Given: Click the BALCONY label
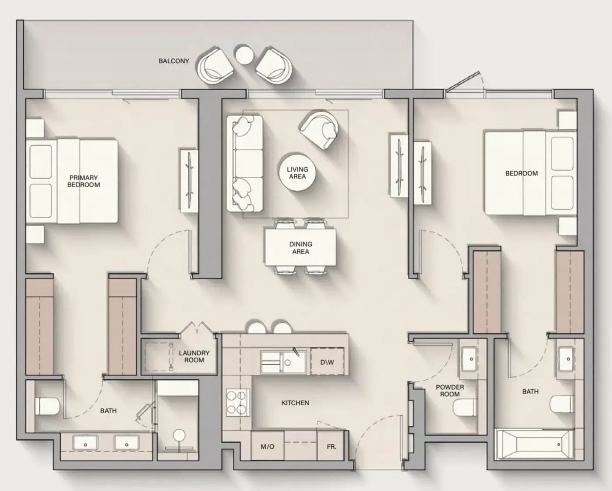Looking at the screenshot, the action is tap(173, 61).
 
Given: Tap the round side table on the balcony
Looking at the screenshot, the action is tap(244, 55).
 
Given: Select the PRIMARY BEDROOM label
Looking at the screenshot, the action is tap(84, 181).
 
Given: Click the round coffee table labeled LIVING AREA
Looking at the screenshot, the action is tap(297, 173).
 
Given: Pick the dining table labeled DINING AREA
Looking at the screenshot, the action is tap(300, 247).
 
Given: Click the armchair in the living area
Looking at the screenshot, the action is tap(319, 129).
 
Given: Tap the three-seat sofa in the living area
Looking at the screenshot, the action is tap(245, 163).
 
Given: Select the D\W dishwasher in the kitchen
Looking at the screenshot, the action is tap(327, 362).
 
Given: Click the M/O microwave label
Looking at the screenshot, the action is tap(267, 447).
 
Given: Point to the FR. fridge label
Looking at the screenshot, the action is tap(332, 447).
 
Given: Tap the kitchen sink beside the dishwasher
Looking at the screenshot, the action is tap(283, 362).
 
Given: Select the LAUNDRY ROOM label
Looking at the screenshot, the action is tap(194, 356).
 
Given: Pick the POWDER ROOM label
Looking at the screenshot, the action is tap(450, 391).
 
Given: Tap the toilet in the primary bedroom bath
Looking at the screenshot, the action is tap(47, 406).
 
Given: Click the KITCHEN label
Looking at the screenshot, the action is tap(295, 403).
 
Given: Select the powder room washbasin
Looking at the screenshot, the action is tap(468, 359).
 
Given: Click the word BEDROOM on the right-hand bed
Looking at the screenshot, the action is tap(522, 173).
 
